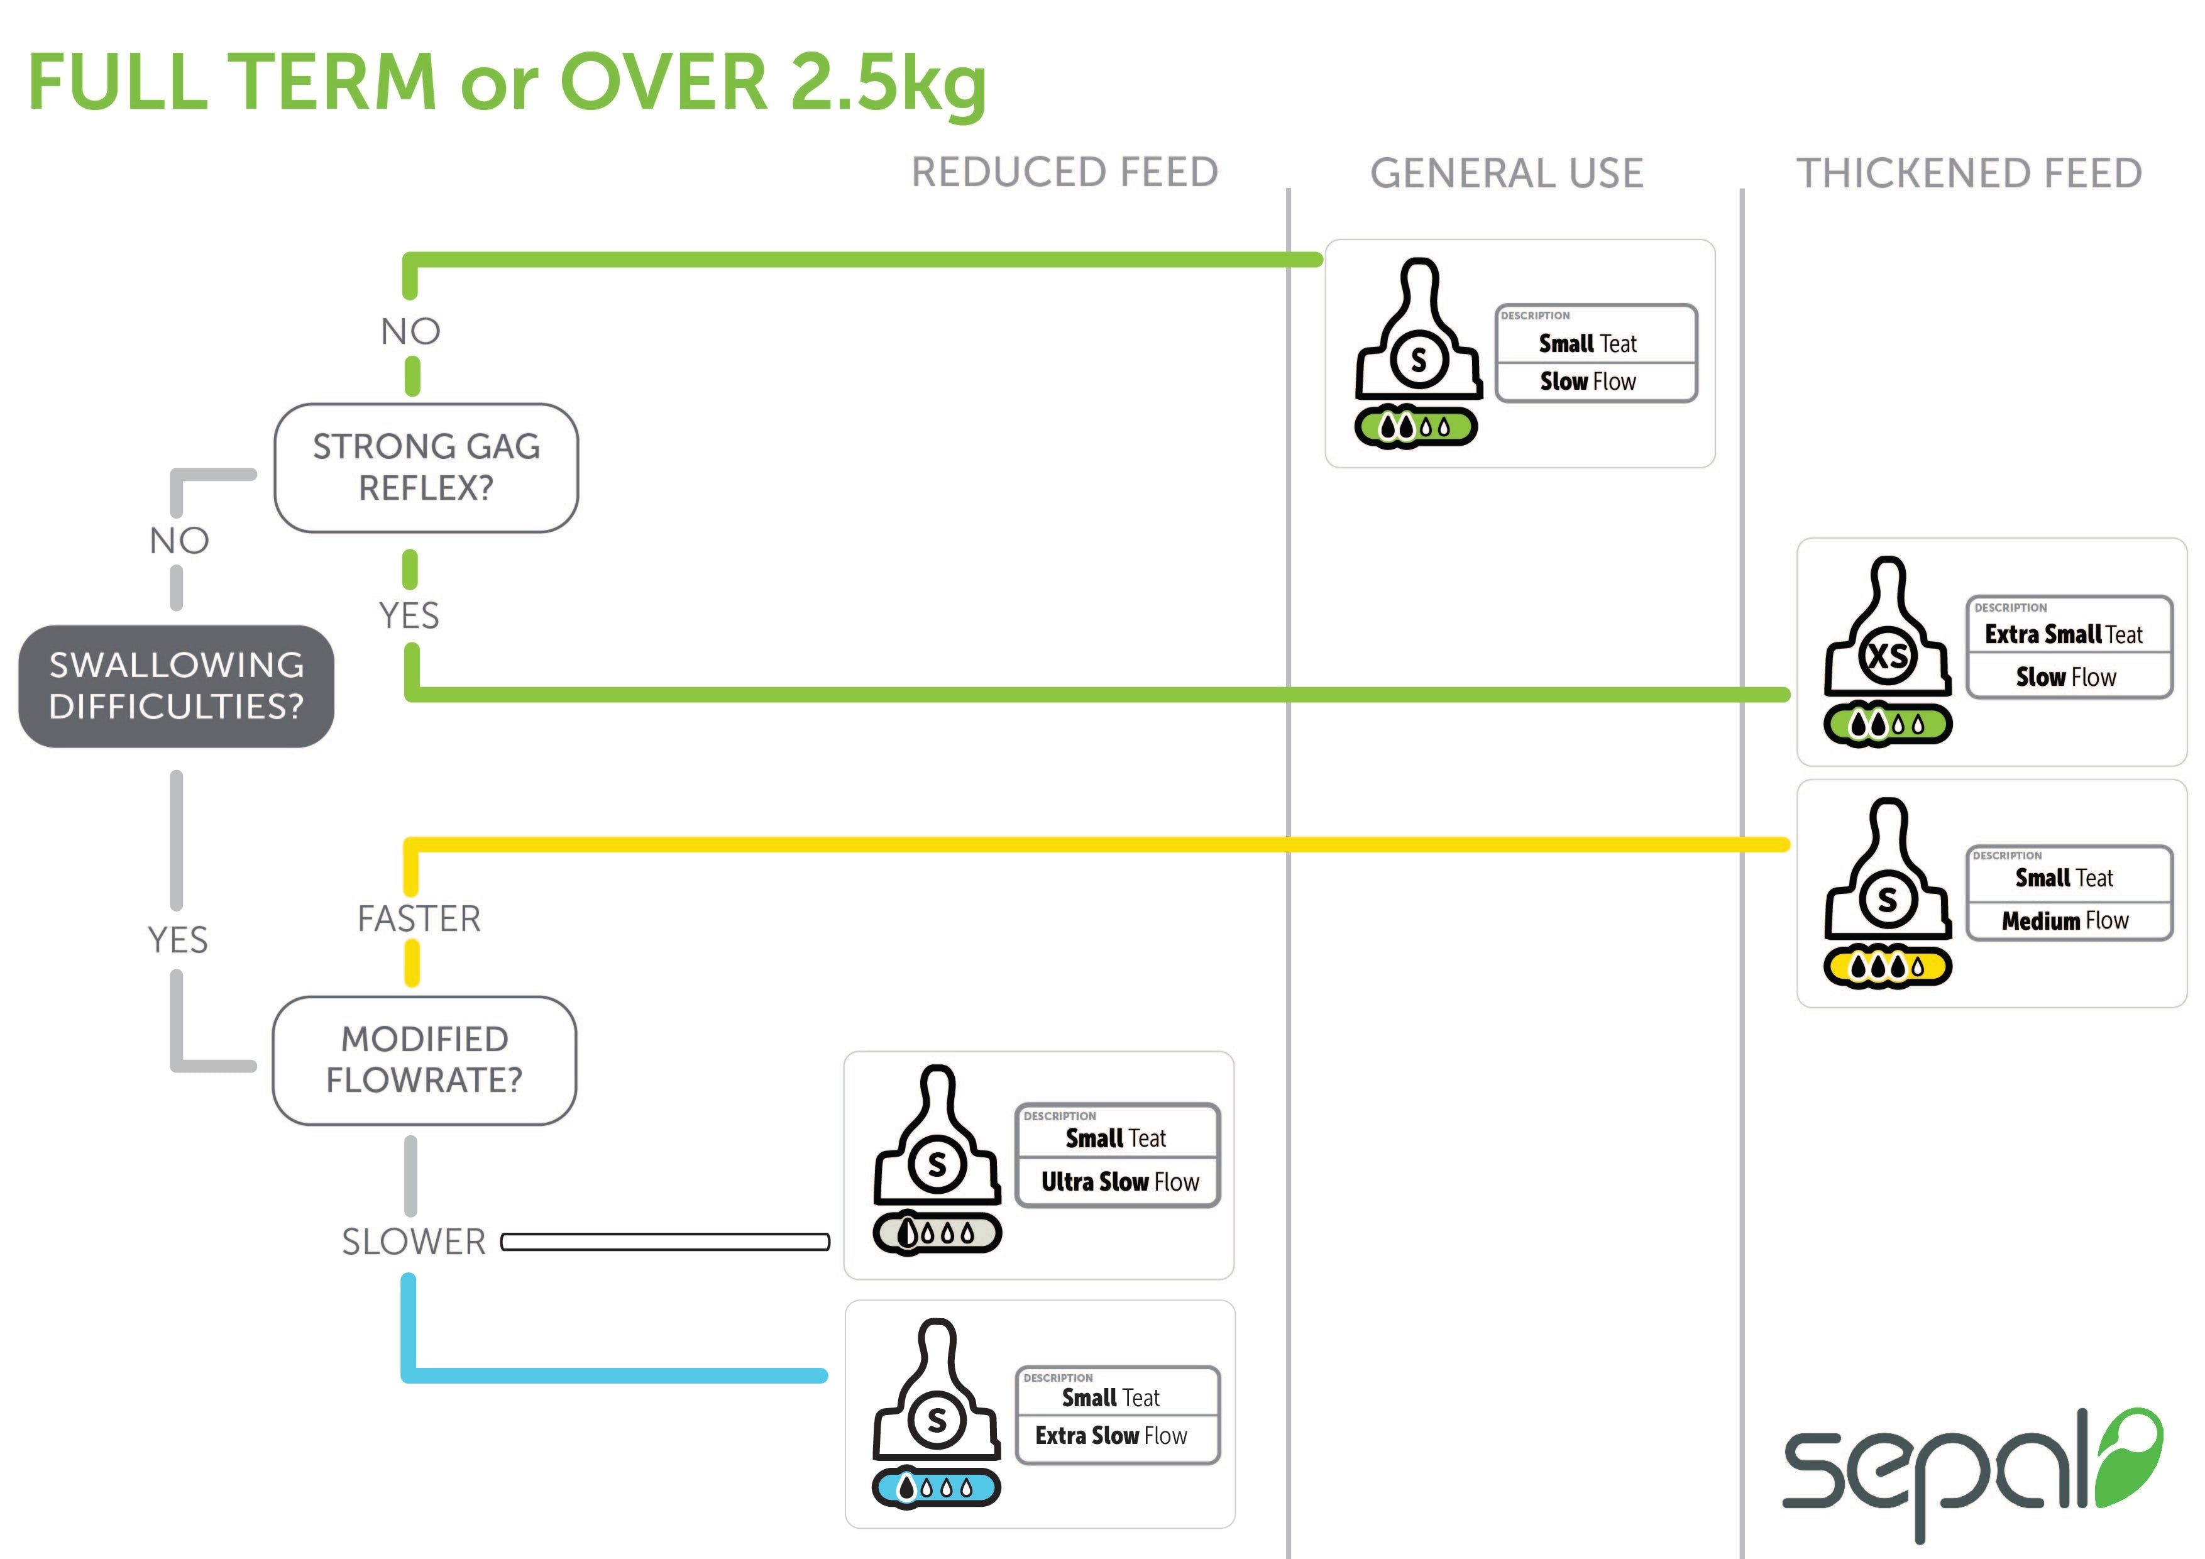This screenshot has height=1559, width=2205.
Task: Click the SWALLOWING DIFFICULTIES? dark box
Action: pos(177,686)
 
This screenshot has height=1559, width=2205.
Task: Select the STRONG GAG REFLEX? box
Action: pos(426,468)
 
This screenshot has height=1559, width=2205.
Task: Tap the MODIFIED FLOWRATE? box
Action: pos(424,1059)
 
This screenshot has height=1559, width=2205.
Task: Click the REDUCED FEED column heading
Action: pos(1064,173)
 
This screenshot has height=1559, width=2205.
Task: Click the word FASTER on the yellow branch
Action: pos(419,919)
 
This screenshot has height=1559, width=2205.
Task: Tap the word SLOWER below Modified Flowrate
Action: pos(414,1242)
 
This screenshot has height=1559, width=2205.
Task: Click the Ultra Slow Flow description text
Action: pos(1120,1181)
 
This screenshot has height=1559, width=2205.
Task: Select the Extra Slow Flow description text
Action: pos(1111,1435)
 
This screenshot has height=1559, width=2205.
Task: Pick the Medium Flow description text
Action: pos(2065,921)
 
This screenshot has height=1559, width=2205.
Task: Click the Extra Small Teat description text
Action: pos(2063,635)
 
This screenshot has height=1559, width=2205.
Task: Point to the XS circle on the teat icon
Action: pos(1887,656)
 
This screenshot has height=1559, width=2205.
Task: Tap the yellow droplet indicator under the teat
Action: pos(1887,966)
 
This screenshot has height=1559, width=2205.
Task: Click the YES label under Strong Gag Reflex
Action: pos(409,615)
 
